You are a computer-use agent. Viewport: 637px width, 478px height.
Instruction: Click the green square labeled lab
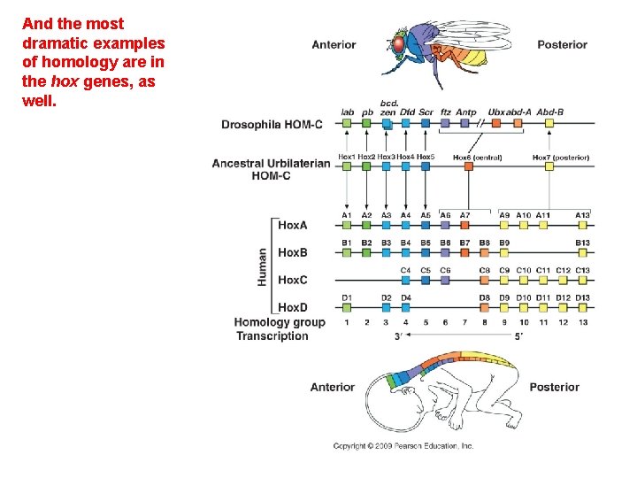click(348, 124)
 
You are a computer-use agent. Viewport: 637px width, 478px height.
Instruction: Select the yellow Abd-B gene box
click(550, 124)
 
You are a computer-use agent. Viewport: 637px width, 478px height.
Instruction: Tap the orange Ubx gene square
click(496, 124)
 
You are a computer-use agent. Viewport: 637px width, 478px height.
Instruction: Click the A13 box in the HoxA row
click(582, 225)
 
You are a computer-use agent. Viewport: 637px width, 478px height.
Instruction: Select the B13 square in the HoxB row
click(582, 252)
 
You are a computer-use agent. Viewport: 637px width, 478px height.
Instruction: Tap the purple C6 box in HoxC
click(445, 280)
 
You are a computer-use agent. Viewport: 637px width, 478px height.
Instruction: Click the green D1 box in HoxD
click(348, 307)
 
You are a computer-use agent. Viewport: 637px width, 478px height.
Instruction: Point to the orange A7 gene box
click(465, 225)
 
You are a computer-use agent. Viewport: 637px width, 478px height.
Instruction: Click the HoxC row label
click(293, 280)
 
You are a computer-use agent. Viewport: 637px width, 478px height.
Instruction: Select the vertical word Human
click(263, 266)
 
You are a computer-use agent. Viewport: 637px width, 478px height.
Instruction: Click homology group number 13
click(582, 322)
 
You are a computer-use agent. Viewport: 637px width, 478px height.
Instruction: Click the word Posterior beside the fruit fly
click(562, 44)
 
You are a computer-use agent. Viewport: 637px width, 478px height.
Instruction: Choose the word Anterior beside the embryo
click(332, 387)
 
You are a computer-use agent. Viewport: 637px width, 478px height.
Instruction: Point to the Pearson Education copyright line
click(403, 446)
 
